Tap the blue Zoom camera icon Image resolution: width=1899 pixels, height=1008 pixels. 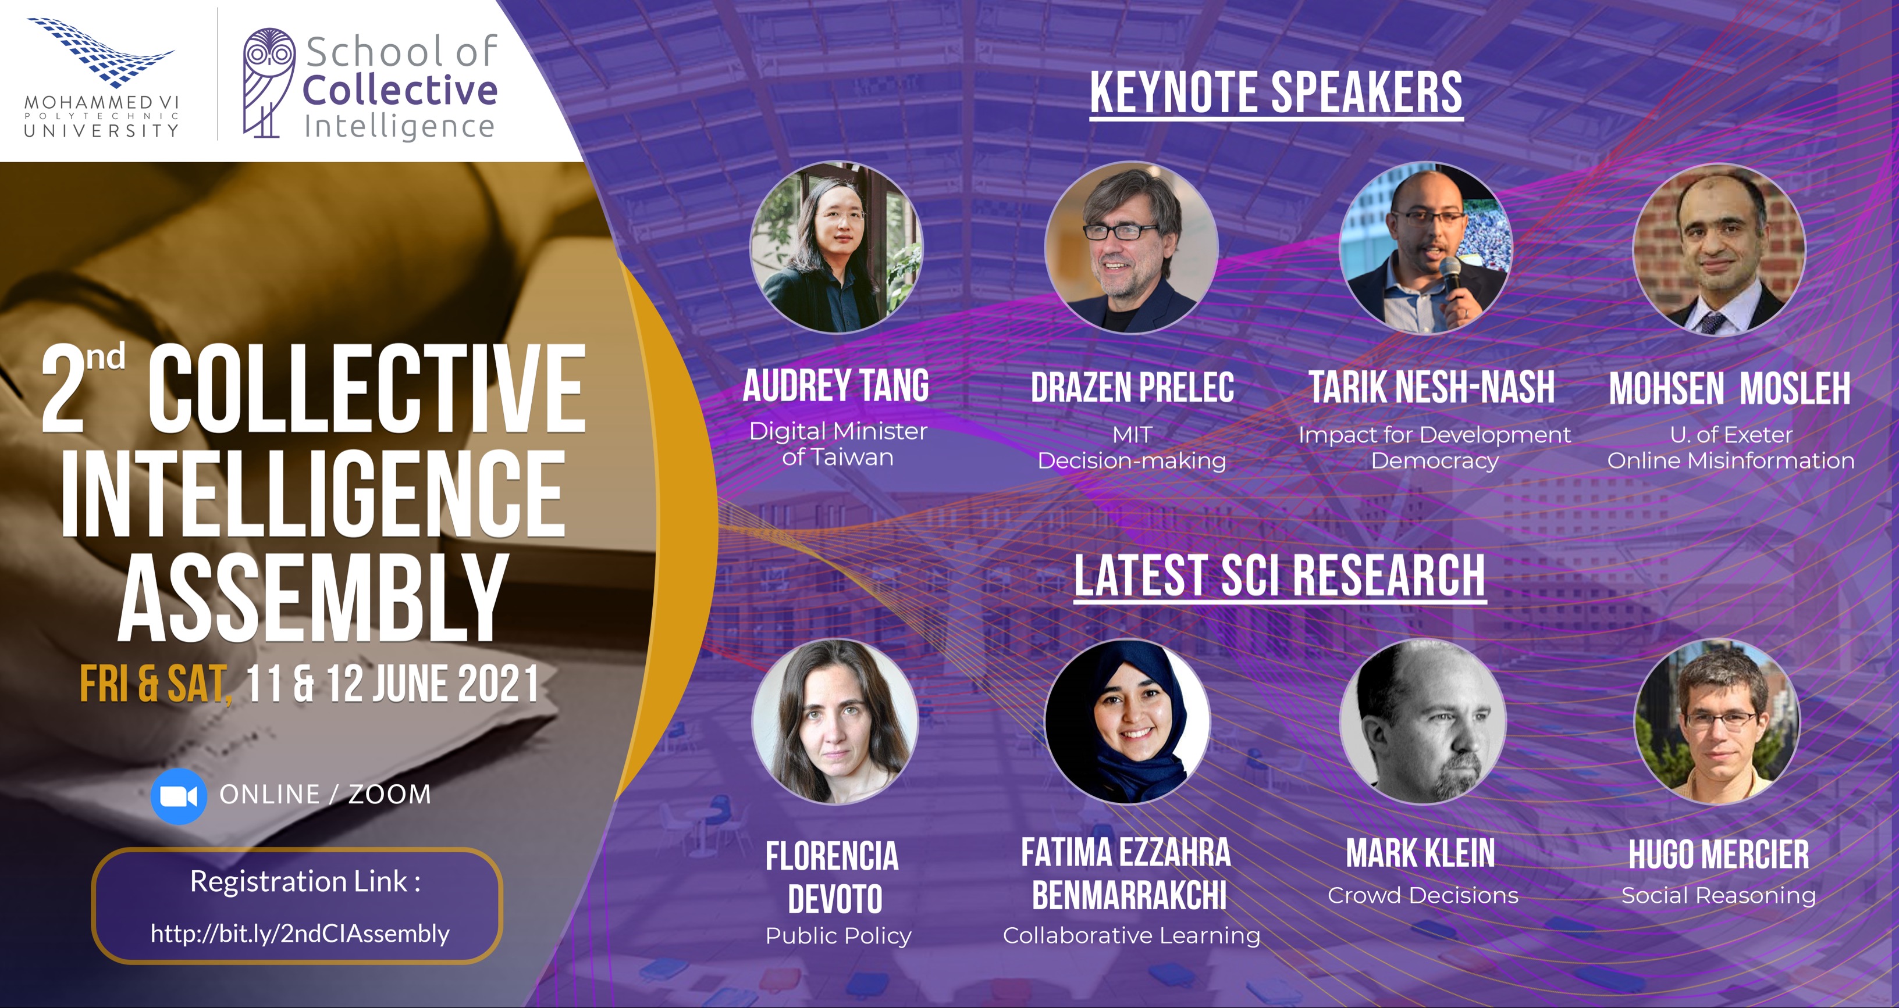pos(179,795)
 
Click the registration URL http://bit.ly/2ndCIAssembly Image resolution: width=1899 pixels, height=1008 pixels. pos(300,934)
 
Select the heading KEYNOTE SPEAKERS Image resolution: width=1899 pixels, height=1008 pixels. pos(1276,93)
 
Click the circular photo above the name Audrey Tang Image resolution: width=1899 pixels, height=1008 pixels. pos(836,247)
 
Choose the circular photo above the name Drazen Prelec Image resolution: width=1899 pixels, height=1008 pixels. pos(1131,247)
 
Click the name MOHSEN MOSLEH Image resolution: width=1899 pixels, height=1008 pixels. pos(1730,388)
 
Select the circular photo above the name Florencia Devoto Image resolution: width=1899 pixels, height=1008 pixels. pos(834,721)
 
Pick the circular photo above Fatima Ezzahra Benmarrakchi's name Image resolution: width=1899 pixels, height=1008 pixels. pos(1128,721)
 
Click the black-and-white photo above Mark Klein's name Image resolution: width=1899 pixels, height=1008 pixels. pos(1423,721)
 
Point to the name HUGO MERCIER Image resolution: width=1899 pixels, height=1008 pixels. pos(1719,855)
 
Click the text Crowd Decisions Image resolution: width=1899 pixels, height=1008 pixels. pos(1423,895)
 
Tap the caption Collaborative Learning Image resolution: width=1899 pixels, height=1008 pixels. pos(1132,936)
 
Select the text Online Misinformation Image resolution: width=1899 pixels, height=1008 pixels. pos(1730,460)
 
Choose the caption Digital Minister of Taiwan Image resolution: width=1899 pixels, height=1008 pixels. pos(838,444)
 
